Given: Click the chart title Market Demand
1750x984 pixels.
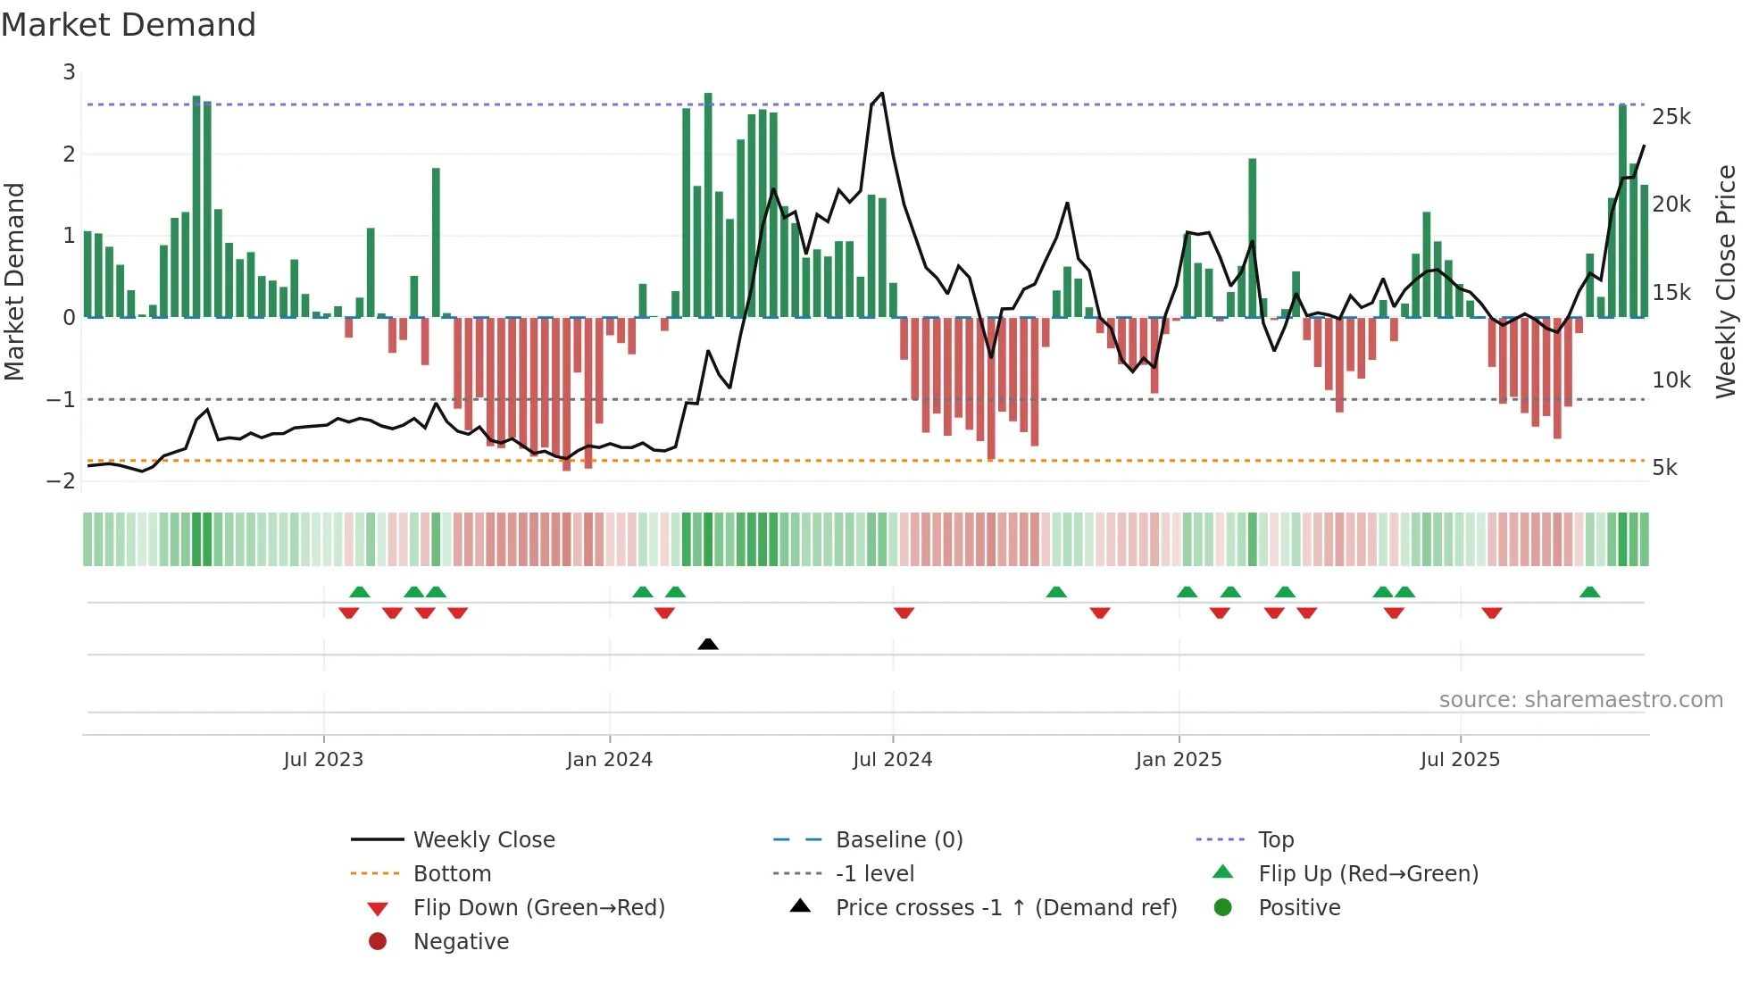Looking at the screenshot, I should [129, 25].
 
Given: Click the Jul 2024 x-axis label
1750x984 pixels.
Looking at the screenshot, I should [892, 760].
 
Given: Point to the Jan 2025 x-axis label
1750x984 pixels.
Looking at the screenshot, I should [1178, 760].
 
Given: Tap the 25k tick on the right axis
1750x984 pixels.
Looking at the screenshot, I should [1671, 117].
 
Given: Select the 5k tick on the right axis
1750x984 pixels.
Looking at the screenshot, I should [1664, 468].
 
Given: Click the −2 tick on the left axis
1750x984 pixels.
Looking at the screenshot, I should [61, 481].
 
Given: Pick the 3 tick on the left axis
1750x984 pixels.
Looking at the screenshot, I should [69, 72].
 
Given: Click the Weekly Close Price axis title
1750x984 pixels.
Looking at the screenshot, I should [1726, 281].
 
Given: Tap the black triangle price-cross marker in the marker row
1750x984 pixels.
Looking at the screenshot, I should [708, 644].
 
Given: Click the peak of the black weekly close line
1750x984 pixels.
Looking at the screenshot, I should [882, 93].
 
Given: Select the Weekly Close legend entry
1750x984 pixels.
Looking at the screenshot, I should [483, 840].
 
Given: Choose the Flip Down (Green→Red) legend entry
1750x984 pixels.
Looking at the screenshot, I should [538, 908].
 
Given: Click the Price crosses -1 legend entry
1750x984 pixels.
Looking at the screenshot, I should [1005, 908].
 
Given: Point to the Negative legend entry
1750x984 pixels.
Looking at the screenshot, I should [461, 942].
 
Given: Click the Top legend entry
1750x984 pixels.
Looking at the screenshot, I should [1275, 840].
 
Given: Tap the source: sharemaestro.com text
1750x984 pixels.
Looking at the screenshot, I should [1580, 700].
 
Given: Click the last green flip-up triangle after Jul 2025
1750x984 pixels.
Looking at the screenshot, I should [1589, 592].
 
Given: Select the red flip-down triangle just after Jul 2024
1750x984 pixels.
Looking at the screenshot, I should [904, 613].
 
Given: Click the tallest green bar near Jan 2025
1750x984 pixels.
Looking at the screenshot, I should [1253, 238].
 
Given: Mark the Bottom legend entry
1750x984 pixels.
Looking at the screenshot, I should [452, 874].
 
